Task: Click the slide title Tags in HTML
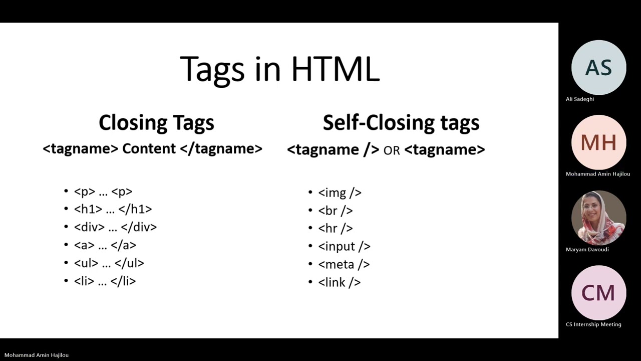coord(279,69)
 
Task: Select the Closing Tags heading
coord(156,123)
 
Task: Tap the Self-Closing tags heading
coord(401,123)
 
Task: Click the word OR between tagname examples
coord(392,150)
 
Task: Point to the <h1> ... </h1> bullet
coord(113,209)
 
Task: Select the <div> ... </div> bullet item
coord(115,227)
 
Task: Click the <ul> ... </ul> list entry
coord(109,263)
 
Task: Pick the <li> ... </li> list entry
coord(105,281)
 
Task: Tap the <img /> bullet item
coord(340,193)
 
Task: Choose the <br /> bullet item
coord(336,211)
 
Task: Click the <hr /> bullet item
coord(336,229)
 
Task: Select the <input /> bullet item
coord(344,246)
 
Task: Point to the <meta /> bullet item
coord(344,264)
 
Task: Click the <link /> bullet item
coord(339,282)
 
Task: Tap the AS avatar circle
coord(598,68)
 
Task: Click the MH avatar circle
coord(598,143)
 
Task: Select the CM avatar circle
coord(598,293)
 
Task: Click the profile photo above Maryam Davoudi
coord(598,218)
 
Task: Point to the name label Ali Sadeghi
coord(580,99)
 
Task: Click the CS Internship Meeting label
coord(593,324)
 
